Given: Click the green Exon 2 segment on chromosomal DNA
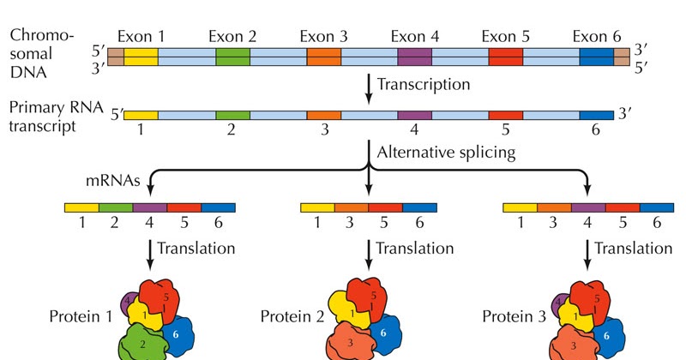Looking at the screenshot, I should point(232,57).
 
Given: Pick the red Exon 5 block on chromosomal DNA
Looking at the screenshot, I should point(505,57).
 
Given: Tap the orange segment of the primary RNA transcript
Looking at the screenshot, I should point(323,115).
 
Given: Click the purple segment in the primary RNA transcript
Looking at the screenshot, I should point(414,115).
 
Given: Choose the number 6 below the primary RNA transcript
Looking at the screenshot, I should point(597,130).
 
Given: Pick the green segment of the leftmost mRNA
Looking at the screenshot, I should point(116,207).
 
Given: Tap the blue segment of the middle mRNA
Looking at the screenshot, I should point(419,207).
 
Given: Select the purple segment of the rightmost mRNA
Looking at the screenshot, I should point(588,207).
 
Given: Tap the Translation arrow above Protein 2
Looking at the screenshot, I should point(369,251).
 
